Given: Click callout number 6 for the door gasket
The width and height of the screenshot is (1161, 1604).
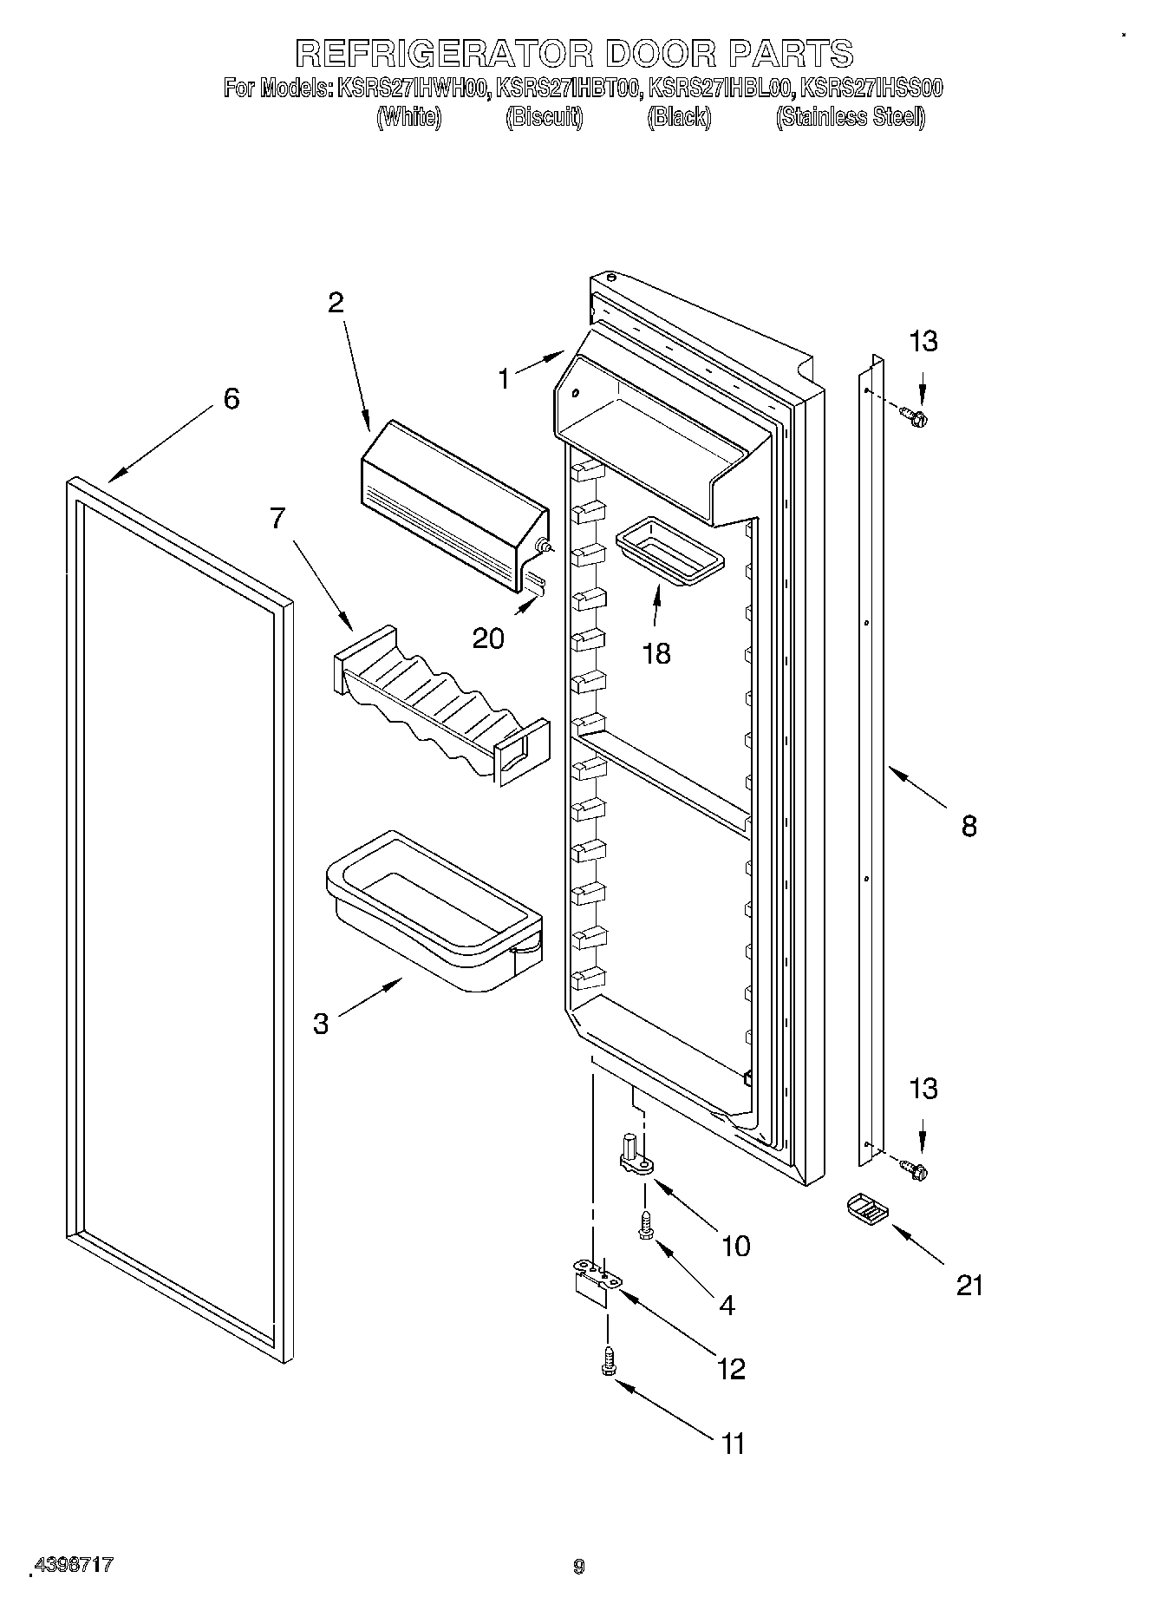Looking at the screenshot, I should click(x=231, y=399).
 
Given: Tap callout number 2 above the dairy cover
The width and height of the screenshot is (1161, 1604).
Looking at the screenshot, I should click(x=335, y=303).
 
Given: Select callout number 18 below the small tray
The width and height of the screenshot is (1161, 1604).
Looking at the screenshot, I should click(x=657, y=654).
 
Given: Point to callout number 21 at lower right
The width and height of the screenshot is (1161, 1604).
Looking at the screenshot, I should click(x=969, y=1285).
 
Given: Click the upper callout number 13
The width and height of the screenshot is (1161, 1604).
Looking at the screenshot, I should click(x=923, y=342).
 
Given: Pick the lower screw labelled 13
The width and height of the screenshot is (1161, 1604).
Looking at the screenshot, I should click(x=913, y=1170).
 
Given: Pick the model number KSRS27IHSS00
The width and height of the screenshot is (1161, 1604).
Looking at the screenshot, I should click(x=871, y=88).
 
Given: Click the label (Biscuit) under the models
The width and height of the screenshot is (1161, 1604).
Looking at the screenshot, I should click(x=544, y=117).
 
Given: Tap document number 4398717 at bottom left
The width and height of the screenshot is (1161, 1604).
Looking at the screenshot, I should click(x=74, y=1566).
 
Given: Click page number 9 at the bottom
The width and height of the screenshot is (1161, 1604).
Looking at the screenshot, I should click(x=579, y=1567).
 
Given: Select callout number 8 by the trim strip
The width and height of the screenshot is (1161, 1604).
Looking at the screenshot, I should click(x=969, y=826).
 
